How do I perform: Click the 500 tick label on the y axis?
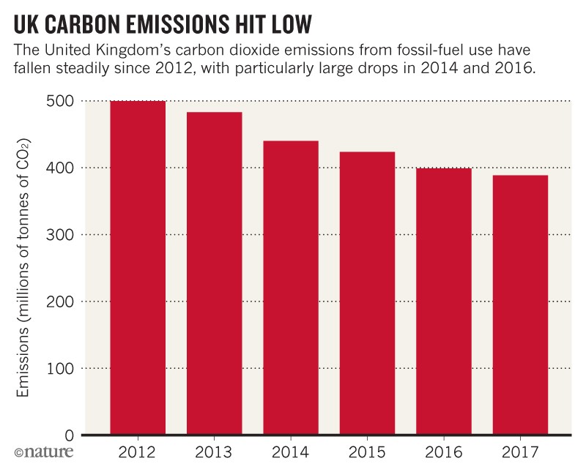[x=64, y=101]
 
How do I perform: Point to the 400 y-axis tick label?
[x=64, y=168]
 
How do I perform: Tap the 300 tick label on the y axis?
[x=64, y=235]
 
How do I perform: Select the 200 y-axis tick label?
[x=64, y=301]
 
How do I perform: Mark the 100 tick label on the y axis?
[x=64, y=368]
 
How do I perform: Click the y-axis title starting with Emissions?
[x=24, y=267]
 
